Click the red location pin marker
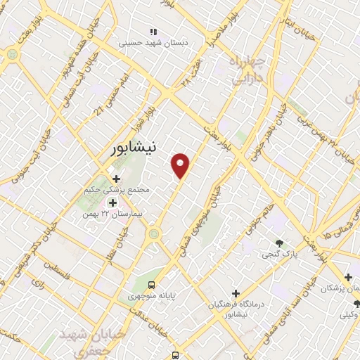pos(181,166)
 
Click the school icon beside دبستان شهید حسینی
pos(153,32)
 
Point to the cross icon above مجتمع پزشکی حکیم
pos(116,179)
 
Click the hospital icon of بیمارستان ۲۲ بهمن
pos(112,202)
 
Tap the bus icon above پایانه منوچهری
pos(152,285)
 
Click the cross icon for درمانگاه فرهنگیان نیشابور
pos(236,292)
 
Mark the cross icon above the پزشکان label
pos(348,277)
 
